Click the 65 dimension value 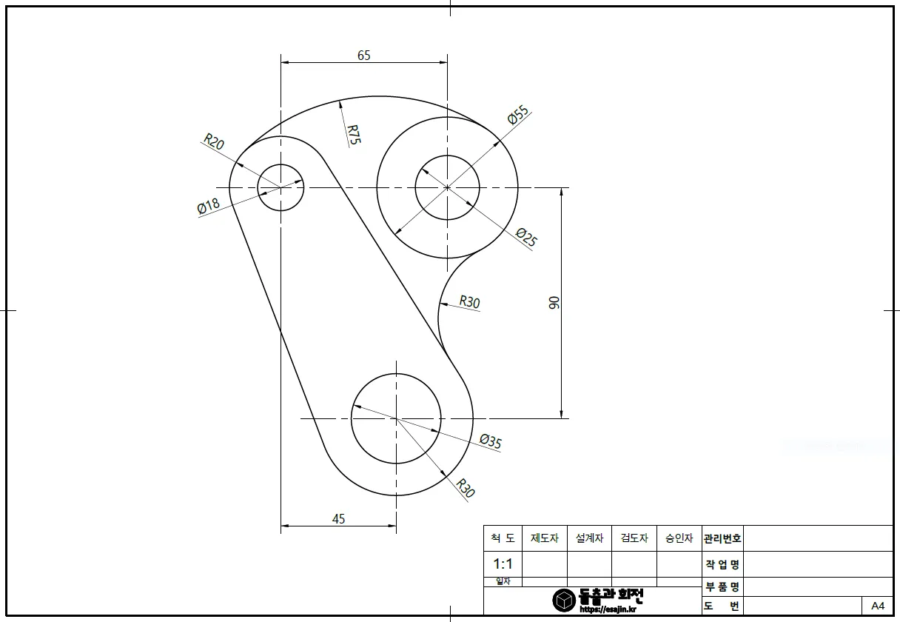(x=363, y=56)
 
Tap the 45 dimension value (x=338, y=518)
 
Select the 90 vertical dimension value (x=554, y=302)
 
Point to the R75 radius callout (x=354, y=134)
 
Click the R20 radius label (x=214, y=141)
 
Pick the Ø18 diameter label (x=209, y=206)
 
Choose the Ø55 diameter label (x=518, y=115)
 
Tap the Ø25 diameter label (x=526, y=237)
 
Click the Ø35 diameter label (x=491, y=441)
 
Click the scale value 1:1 (x=503, y=564)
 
